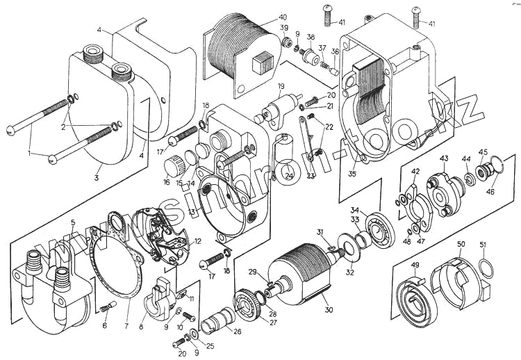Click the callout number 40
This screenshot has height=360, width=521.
282,17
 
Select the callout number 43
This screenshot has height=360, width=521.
444,158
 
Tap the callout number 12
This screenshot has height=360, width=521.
197,241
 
